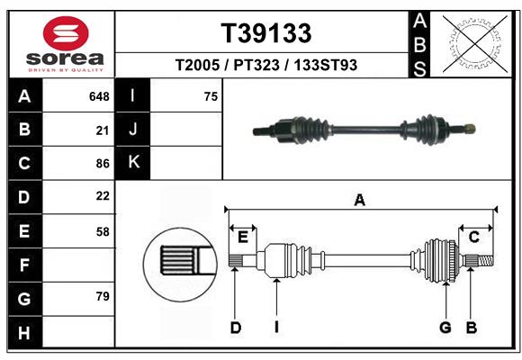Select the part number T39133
point(266,33)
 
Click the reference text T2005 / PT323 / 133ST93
point(266,65)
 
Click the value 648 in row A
point(99,96)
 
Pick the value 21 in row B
point(102,130)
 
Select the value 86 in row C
point(102,163)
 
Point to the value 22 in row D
point(102,196)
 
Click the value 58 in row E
point(102,230)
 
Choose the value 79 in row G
point(102,296)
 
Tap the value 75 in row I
point(211,96)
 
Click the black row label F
point(23,265)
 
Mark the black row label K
point(133,163)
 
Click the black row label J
point(133,130)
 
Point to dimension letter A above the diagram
point(359,201)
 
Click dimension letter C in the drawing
point(472,237)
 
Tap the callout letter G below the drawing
point(445,328)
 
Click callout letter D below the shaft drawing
point(235,328)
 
